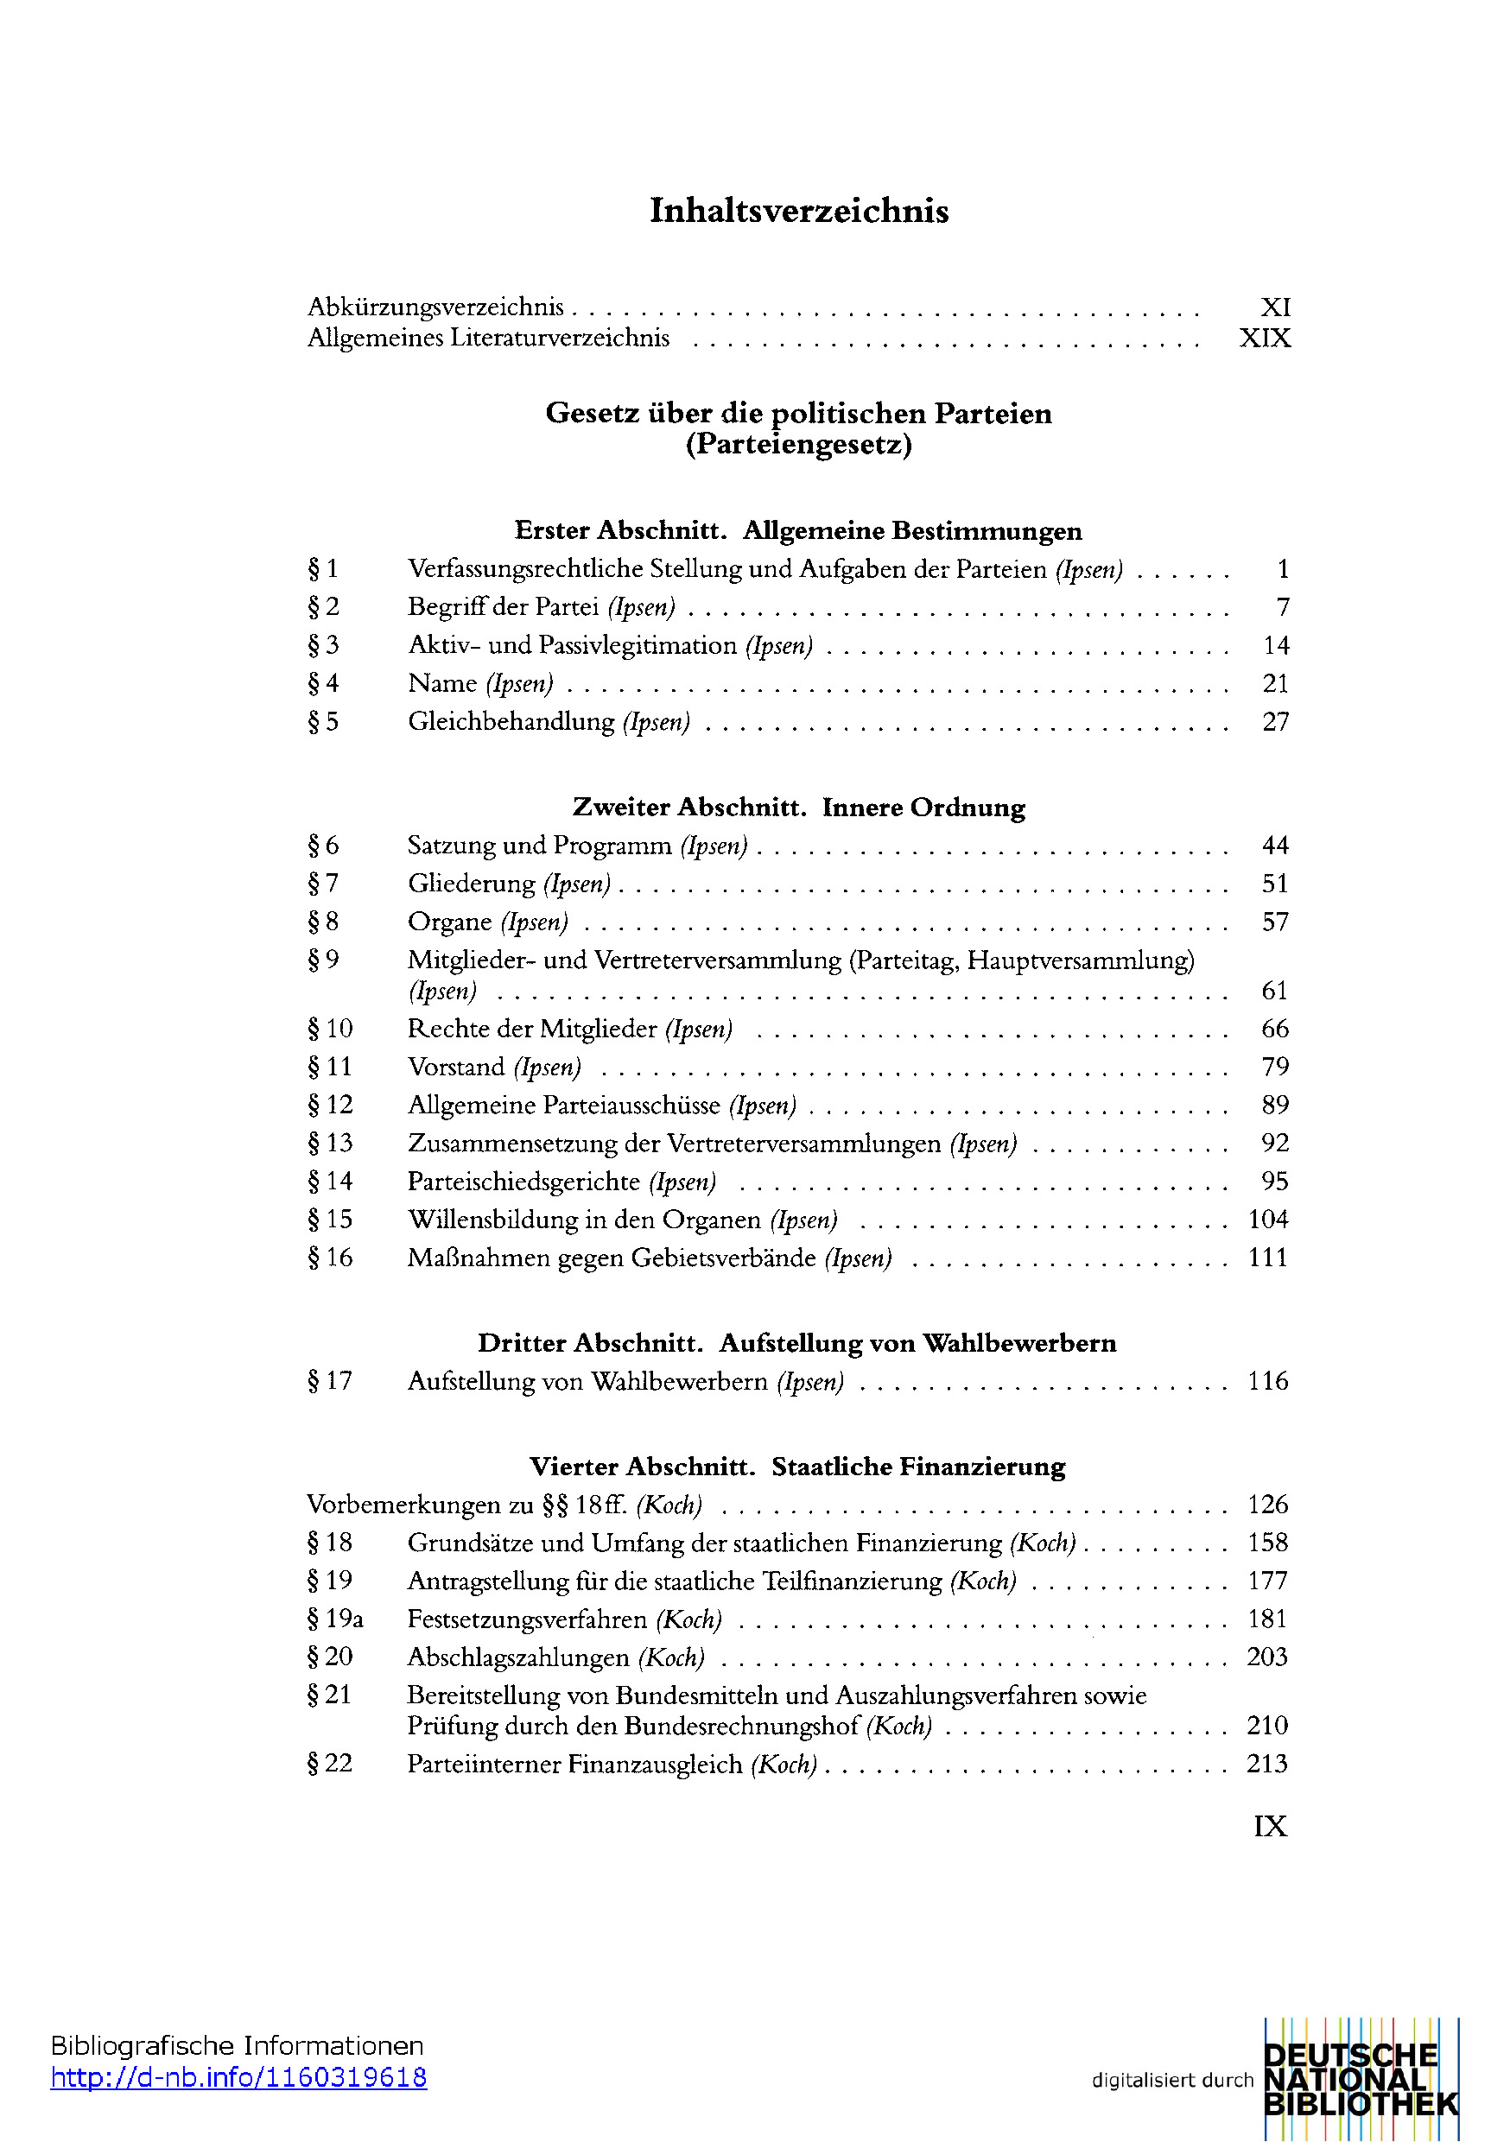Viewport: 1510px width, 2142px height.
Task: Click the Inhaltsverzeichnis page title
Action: (799, 211)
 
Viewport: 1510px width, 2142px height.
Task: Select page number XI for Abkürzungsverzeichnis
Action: (1275, 307)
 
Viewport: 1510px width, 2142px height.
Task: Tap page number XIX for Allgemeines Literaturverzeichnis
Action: (1265, 338)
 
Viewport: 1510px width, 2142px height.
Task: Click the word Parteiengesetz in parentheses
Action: (799, 444)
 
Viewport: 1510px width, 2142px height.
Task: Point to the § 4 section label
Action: (323, 684)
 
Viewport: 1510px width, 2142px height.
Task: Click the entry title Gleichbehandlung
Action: (511, 722)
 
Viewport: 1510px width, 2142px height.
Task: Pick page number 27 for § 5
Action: (1275, 722)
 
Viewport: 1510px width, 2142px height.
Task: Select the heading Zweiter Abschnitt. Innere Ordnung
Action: (799, 807)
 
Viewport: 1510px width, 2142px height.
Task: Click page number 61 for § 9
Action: (1275, 991)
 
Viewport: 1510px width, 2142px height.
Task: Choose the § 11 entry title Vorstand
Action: (455, 1068)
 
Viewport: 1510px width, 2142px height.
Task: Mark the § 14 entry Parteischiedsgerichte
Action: (523, 1182)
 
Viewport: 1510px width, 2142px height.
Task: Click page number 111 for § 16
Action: (1268, 1258)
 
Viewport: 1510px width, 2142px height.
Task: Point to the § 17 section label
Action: (329, 1381)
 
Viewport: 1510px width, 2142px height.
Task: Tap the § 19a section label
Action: (335, 1619)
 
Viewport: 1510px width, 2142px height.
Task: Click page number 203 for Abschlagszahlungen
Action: (1267, 1657)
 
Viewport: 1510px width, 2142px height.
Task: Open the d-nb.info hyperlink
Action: (239, 2076)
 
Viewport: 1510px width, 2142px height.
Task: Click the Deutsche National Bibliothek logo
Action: (1360, 2080)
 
